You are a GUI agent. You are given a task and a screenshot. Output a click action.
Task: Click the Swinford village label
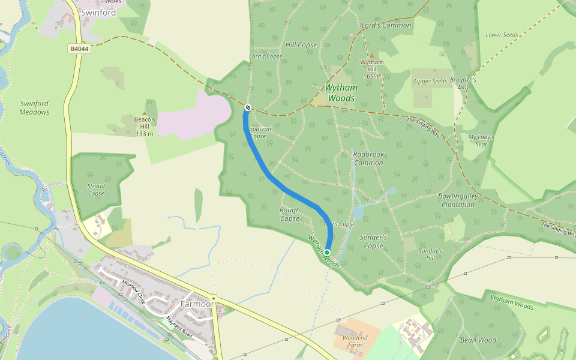[x=98, y=12]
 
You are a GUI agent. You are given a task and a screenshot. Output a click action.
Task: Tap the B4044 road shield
[x=79, y=49]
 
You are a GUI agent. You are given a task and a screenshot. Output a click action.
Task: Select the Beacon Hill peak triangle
[x=145, y=113]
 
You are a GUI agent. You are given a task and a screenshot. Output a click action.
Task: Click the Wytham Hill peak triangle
[x=372, y=55]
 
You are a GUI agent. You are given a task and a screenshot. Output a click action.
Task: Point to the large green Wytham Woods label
[x=340, y=93]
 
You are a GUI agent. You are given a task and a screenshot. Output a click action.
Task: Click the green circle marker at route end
[x=326, y=253]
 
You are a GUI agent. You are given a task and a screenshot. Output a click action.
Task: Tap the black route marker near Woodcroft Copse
[x=247, y=107]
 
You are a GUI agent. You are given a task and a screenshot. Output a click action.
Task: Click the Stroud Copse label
[x=96, y=190]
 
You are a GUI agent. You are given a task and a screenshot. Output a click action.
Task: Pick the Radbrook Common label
[x=368, y=159]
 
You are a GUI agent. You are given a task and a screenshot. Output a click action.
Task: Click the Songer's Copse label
[x=373, y=242]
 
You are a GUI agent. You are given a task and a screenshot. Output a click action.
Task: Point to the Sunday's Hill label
[x=430, y=254]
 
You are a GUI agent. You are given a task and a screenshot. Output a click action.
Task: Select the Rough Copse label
[x=290, y=214]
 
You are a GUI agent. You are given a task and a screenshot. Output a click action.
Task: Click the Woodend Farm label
[x=355, y=341]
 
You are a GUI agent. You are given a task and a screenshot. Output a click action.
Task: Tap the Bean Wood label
[x=478, y=340]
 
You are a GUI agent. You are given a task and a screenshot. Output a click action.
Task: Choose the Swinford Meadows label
[x=34, y=108]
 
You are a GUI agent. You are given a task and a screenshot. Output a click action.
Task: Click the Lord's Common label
[x=386, y=25]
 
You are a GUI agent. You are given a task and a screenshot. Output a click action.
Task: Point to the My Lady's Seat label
[x=481, y=140]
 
